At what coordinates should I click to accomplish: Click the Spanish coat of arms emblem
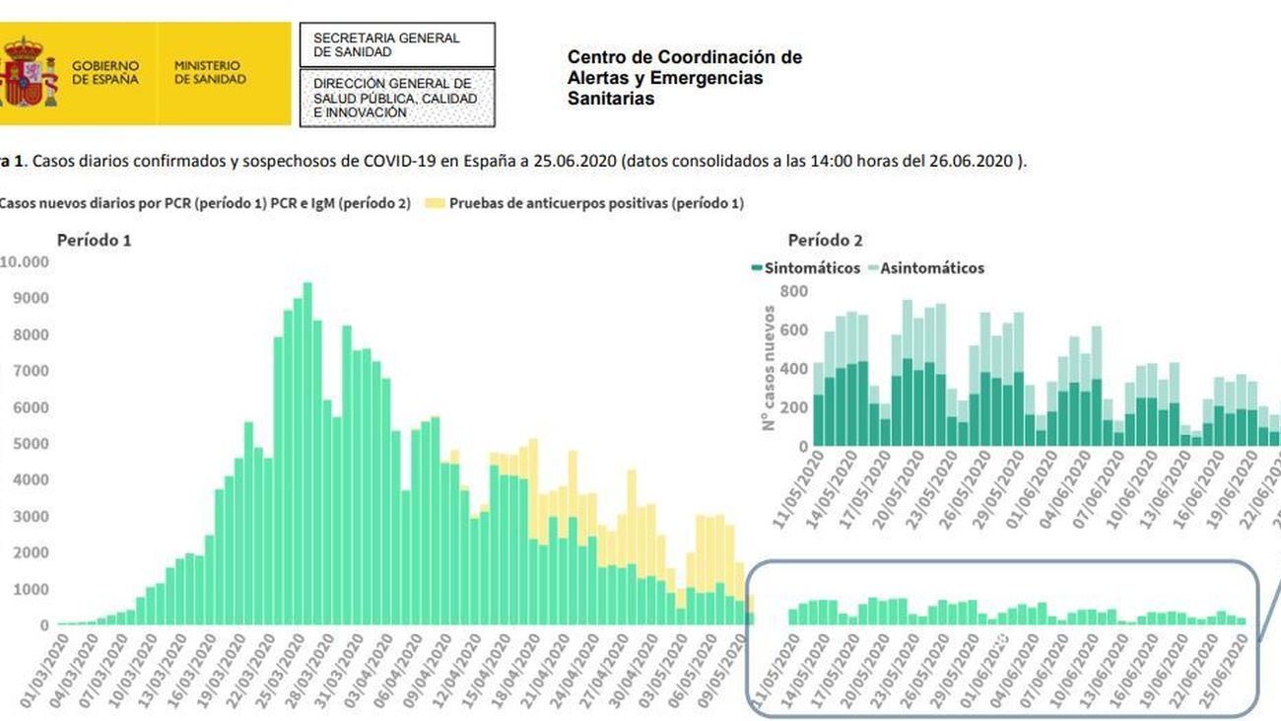[x=28, y=72]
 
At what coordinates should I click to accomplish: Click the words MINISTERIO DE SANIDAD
[x=210, y=72]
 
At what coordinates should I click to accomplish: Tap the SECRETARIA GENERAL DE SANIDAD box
[x=396, y=44]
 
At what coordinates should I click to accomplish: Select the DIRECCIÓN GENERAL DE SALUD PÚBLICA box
[x=396, y=99]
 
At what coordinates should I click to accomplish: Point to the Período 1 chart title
[x=94, y=240]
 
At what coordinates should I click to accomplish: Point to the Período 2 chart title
[x=826, y=240]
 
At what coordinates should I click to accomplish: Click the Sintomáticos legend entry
[x=805, y=268]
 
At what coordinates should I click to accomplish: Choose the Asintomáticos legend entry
[x=926, y=268]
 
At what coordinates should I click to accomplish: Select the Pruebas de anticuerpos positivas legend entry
[x=586, y=204]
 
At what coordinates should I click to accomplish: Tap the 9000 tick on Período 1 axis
[x=32, y=298]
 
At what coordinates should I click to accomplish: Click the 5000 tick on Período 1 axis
[x=32, y=444]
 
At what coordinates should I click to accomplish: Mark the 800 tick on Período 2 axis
[x=793, y=291]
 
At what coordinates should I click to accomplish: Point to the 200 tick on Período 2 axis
[x=793, y=407]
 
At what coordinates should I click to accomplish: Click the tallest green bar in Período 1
[x=307, y=454]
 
